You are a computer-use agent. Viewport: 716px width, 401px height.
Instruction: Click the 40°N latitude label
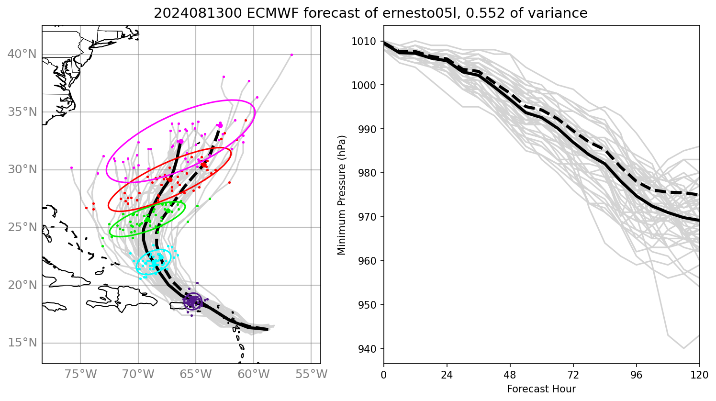tap(22, 54)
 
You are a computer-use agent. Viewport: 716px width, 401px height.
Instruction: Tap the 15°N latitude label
tap(22, 343)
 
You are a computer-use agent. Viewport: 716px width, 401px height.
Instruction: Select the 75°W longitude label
tap(80, 374)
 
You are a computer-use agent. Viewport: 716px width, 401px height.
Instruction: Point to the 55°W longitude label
tap(311, 374)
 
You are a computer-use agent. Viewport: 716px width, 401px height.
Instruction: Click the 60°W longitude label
tap(253, 374)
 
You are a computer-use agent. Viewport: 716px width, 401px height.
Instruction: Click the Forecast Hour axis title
tap(541, 389)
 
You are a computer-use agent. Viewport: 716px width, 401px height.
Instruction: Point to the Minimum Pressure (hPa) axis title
tap(341, 195)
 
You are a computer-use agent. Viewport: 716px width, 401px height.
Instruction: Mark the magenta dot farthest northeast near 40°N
tap(291, 55)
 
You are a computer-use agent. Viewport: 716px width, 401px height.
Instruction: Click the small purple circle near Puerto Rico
tap(192, 301)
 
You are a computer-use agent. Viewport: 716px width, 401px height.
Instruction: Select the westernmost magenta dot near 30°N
tap(71, 167)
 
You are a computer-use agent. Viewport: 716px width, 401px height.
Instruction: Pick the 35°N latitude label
tap(22, 112)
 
